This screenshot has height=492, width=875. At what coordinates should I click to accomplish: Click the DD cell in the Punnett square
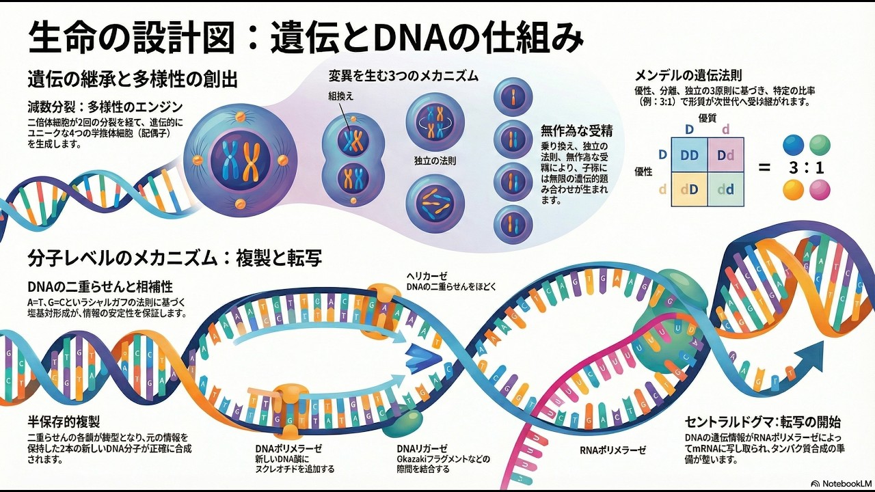(x=690, y=155)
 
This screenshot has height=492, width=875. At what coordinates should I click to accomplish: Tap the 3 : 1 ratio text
(x=807, y=167)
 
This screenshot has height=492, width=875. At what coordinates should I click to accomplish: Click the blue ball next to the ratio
(x=794, y=145)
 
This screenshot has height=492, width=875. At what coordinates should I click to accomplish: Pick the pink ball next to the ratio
(x=819, y=189)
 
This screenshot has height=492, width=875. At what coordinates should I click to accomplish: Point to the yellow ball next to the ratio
(x=794, y=189)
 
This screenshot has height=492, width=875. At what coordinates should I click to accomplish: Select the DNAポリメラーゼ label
(x=288, y=448)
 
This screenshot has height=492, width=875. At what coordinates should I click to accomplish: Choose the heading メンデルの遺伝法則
(x=688, y=76)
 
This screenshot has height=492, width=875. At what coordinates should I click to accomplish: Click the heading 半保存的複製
(x=64, y=422)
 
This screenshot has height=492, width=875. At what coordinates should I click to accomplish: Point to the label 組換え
(x=342, y=96)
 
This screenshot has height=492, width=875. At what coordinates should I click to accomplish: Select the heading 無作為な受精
(x=576, y=130)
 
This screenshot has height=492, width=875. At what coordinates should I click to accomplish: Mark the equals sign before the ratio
(x=764, y=168)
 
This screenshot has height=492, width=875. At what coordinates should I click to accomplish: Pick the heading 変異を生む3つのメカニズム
(x=403, y=75)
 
